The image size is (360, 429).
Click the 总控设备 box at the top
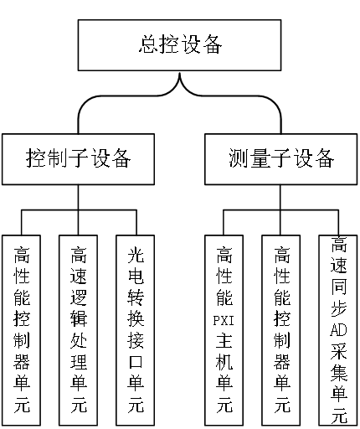coord(179,45)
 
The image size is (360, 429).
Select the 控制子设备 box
coord(78,159)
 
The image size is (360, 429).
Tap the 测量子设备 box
coord(281,159)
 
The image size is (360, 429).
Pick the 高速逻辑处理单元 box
coord(78,330)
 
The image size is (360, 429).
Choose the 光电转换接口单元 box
coord(136,330)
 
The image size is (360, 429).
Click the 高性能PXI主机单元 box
coord(224,330)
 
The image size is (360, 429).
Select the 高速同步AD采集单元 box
coord(338,330)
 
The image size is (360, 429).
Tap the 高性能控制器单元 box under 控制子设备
coord(21,330)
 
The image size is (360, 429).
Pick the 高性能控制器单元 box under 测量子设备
coord(281,330)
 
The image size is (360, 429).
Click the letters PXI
coord(224,320)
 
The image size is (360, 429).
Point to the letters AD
coord(338,330)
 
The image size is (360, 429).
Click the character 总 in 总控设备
coord(149,44)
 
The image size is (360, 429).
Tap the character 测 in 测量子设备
coord(239,158)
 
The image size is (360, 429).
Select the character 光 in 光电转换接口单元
coord(136,255)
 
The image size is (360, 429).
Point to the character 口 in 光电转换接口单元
coord(136,362)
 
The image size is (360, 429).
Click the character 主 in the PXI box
coord(224,340)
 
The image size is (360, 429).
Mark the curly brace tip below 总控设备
coord(180,74)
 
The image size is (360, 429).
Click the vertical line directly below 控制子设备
coord(78,197)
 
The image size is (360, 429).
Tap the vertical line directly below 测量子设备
coord(280,197)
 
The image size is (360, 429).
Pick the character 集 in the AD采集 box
coord(339,372)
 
